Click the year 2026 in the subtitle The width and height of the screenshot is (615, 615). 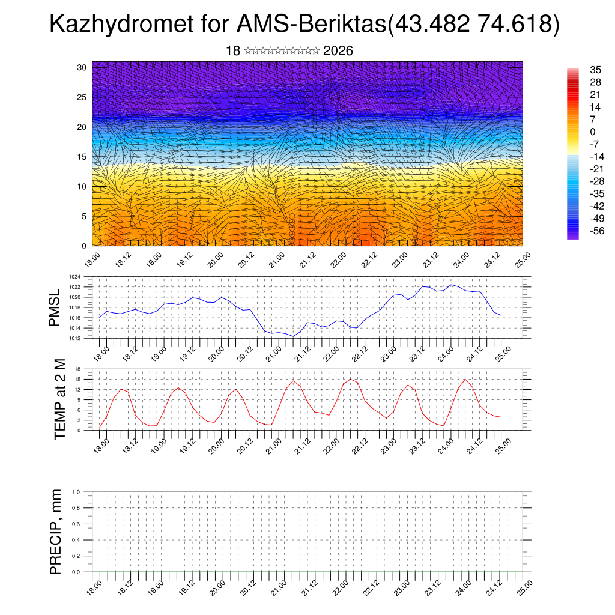tap(338, 51)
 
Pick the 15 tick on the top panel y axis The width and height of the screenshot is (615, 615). tap(82, 157)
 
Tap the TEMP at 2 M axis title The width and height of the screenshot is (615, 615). tap(59, 399)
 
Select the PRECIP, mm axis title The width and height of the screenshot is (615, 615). tap(56, 532)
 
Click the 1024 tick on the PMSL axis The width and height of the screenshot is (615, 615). tap(74, 277)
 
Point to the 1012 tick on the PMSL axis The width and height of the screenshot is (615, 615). tap(74, 338)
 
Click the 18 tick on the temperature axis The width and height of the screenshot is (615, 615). tap(78, 369)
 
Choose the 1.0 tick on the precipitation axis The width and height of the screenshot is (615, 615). tap(76, 491)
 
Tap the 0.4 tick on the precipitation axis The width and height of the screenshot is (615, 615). tap(76, 540)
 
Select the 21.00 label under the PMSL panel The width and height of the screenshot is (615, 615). tap(276, 350)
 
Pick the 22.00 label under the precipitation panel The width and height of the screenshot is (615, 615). tap(338, 585)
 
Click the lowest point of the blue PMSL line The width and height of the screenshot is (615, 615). tap(293, 336)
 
